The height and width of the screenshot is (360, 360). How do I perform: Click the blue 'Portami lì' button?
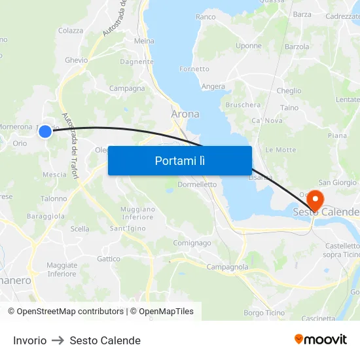(179, 160)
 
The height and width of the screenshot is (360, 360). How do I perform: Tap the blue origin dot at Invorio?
(45, 132)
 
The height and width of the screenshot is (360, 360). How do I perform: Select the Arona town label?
(185, 114)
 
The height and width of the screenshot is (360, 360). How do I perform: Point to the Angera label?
(213, 86)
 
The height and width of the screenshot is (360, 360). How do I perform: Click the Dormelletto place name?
(197, 185)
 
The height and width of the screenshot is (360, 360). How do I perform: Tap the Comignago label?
(192, 243)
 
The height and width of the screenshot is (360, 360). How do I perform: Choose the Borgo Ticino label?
(264, 313)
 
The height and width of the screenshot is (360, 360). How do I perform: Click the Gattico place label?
(109, 259)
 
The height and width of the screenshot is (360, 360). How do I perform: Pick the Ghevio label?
(76, 60)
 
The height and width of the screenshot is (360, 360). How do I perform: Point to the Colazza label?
(71, 30)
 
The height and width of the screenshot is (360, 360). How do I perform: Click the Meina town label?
(144, 41)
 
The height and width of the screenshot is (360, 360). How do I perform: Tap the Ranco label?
(206, 16)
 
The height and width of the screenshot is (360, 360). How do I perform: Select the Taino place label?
(289, 107)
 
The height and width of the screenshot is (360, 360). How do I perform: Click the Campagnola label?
(227, 267)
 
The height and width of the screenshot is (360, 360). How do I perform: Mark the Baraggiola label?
(46, 215)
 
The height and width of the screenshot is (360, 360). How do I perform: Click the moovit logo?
(321, 339)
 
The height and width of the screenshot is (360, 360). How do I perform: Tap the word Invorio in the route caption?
(30, 340)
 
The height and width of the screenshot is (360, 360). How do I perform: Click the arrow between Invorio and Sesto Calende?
(58, 340)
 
